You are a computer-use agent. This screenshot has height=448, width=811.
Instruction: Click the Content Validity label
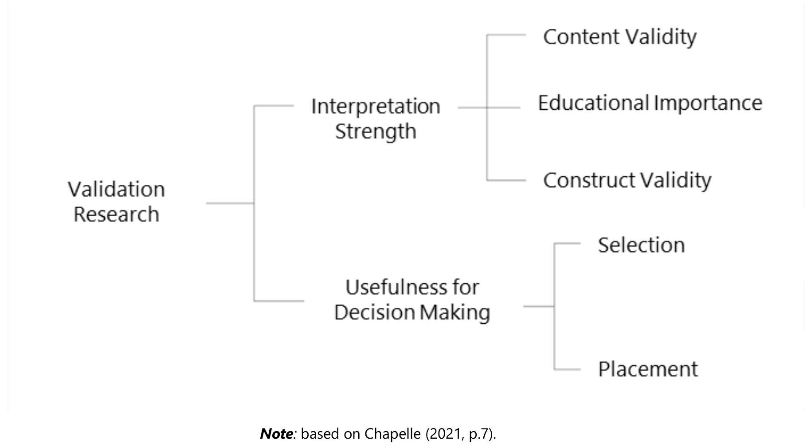click(x=619, y=37)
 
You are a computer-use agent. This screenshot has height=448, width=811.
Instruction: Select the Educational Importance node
click(x=650, y=103)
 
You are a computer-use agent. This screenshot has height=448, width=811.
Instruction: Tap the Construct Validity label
click(x=627, y=180)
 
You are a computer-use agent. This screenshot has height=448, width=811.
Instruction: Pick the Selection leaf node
click(x=641, y=245)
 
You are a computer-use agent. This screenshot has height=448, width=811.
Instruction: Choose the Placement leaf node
click(x=648, y=369)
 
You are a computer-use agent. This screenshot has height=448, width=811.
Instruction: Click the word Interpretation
click(x=376, y=107)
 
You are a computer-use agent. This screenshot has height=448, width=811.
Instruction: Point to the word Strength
click(x=376, y=131)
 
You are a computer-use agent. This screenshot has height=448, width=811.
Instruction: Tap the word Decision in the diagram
click(x=374, y=312)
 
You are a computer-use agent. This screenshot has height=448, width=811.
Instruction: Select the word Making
click(x=455, y=312)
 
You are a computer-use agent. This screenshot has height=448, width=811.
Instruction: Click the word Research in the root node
click(x=116, y=214)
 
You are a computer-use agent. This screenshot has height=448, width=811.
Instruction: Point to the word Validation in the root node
click(x=116, y=190)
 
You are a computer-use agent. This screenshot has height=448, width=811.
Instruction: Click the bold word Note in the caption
click(x=276, y=434)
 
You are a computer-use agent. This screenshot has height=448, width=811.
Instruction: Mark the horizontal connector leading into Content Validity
click(x=506, y=35)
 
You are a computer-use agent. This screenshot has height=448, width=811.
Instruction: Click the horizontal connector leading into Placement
click(x=567, y=369)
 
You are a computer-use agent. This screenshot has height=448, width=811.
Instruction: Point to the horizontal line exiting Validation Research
click(x=230, y=203)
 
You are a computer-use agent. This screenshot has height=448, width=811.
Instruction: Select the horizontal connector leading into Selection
click(x=567, y=243)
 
